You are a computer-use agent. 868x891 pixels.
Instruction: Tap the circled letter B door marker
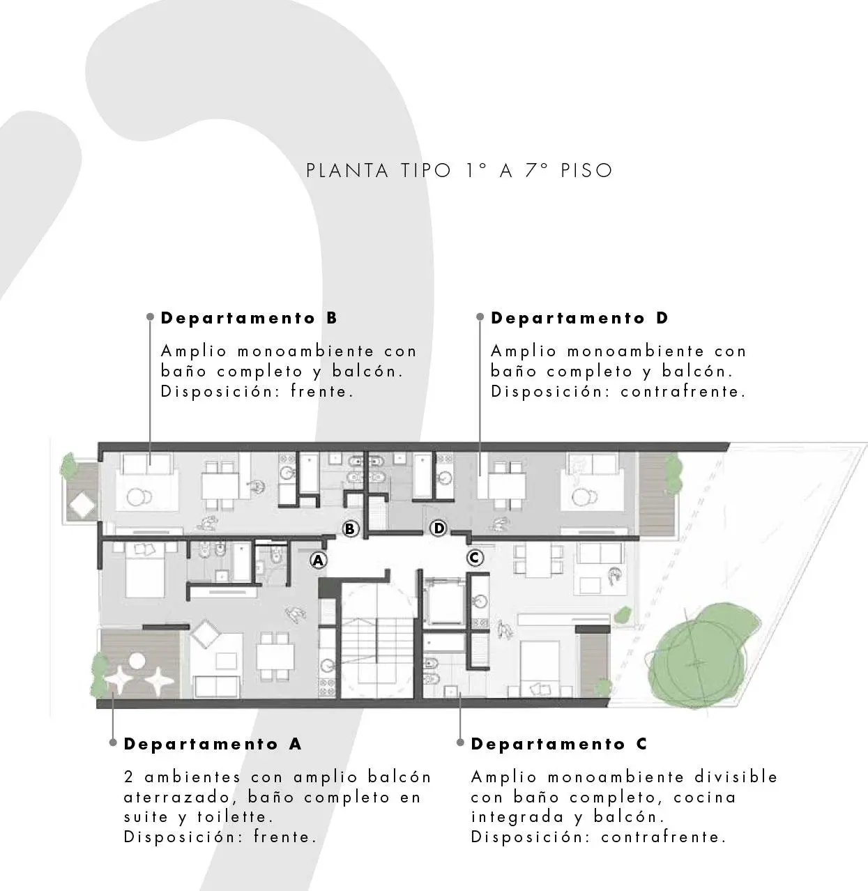(350, 529)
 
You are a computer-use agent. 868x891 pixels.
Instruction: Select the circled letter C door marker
(475, 558)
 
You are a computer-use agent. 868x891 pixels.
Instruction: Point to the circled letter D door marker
(439, 528)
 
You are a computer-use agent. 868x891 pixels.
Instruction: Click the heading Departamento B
(249, 319)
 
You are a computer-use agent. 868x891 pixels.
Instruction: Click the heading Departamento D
(579, 319)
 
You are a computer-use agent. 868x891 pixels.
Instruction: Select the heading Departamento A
(213, 744)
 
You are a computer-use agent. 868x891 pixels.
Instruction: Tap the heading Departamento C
(559, 745)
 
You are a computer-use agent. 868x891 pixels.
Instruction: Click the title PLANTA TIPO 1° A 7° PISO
(459, 171)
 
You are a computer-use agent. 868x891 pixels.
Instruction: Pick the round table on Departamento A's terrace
(136, 660)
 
